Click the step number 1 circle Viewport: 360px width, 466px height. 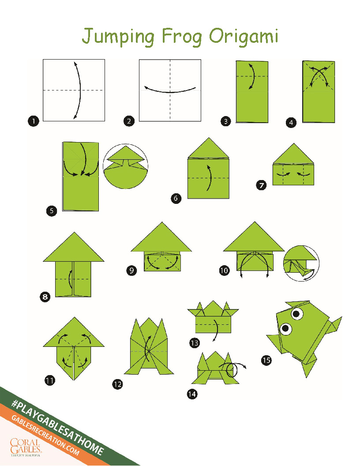click(34, 121)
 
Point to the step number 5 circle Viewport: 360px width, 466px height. click(52, 210)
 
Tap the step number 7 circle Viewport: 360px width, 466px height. click(261, 185)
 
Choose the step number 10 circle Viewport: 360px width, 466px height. click(224, 271)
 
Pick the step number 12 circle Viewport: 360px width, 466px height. click(118, 384)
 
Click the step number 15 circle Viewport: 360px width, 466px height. click(266, 360)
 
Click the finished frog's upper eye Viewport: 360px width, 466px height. click(297, 314)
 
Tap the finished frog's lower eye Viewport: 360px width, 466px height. click(286, 329)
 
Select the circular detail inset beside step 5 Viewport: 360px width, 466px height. click(126, 166)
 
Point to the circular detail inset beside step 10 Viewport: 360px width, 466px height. click(301, 263)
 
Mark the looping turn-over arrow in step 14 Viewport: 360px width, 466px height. click(232, 369)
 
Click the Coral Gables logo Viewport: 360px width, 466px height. click(25, 447)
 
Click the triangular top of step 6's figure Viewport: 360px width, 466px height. click(209, 148)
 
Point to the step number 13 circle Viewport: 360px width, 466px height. click(195, 343)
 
